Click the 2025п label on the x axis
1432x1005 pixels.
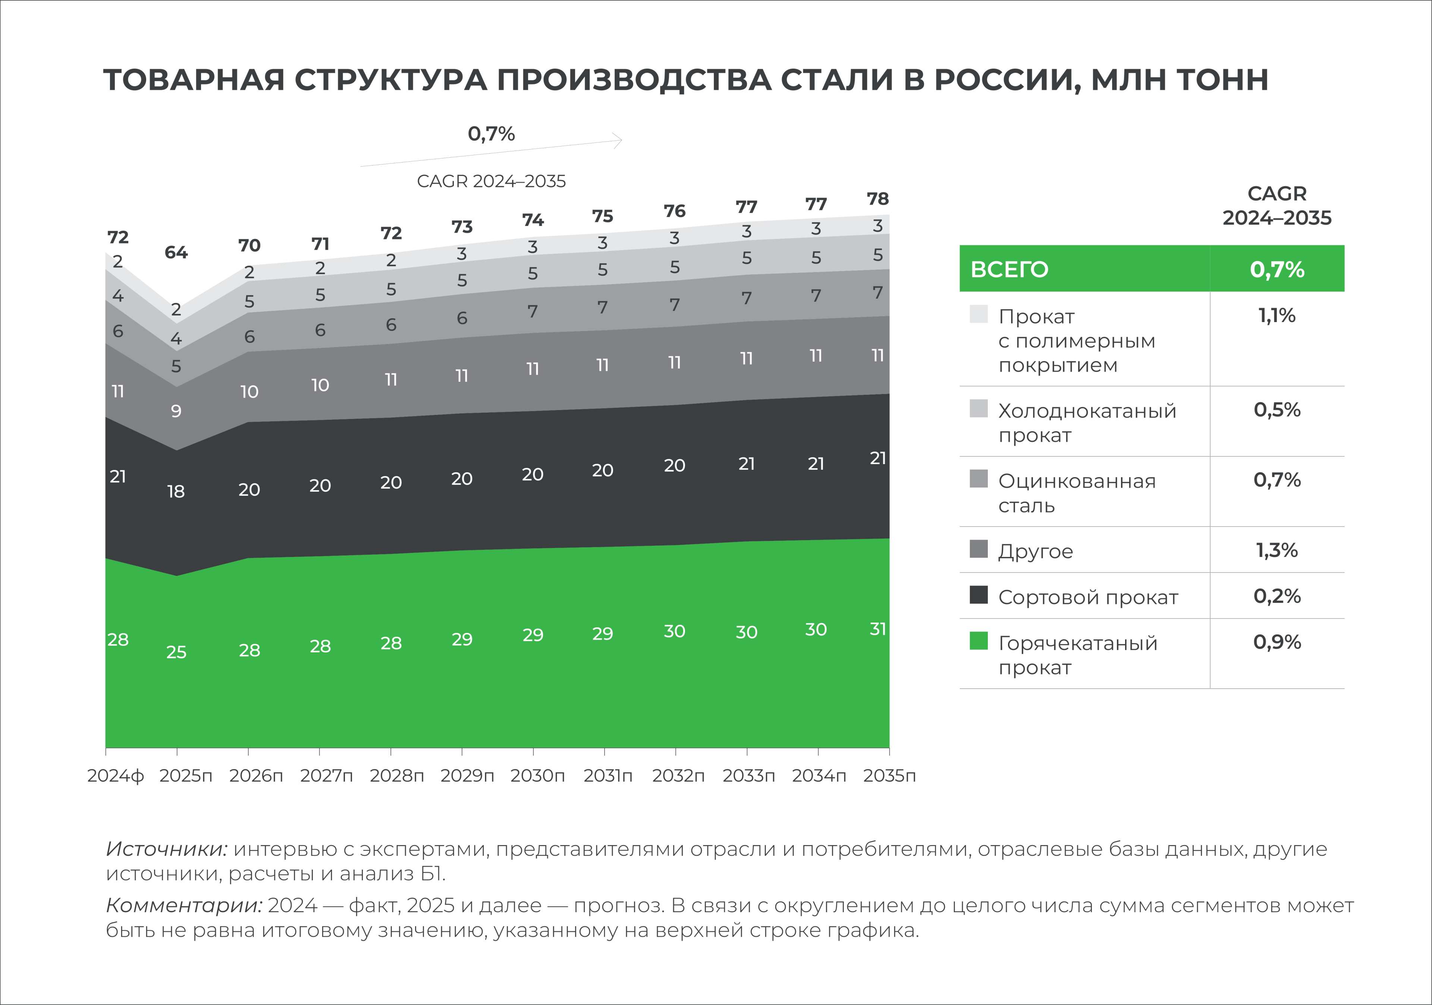click(185, 776)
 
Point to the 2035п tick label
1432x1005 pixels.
click(889, 776)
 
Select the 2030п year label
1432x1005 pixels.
click(538, 776)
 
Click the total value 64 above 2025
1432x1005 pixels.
click(176, 252)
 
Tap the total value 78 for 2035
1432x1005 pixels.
click(877, 199)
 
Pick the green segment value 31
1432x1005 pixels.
click(877, 629)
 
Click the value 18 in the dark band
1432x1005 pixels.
click(176, 492)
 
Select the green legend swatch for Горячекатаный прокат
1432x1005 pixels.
click(979, 641)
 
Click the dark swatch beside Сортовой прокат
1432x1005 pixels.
click(979, 595)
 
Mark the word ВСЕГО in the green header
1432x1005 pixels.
click(1009, 270)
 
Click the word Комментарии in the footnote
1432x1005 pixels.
click(184, 905)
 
